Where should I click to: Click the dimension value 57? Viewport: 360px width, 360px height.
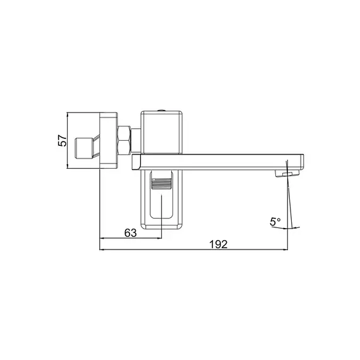tap(63, 141)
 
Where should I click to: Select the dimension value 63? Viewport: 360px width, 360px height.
tap(130, 233)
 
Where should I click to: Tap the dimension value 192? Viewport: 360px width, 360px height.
tap(219, 244)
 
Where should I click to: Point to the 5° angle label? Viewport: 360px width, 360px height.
tap(275, 222)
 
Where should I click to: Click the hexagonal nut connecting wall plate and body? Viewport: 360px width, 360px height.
tap(124, 140)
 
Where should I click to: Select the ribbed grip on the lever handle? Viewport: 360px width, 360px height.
tap(161, 184)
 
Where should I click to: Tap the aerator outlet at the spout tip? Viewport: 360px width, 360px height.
tap(287, 173)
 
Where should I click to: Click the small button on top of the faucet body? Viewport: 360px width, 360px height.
tap(162, 111)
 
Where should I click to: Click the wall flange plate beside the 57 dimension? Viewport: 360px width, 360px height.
tap(109, 140)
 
